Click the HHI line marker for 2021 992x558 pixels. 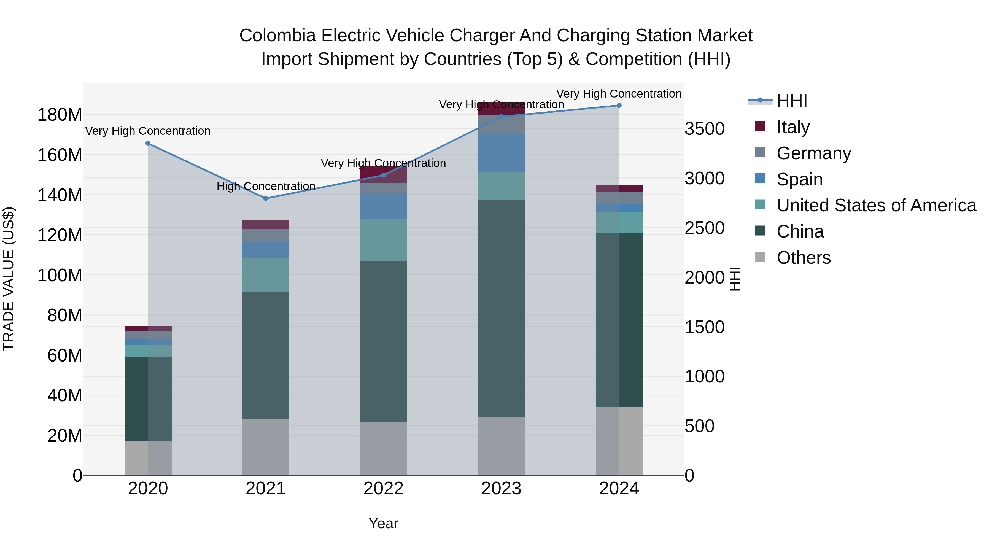[x=265, y=198]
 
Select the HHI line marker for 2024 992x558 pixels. [x=619, y=106]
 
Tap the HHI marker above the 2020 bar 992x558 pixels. [x=148, y=143]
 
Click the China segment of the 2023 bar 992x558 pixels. [x=501, y=308]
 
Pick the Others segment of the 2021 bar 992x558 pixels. [x=265, y=447]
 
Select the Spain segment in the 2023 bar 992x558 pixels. [x=501, y=153]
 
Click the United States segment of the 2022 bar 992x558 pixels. [x=383, y=240]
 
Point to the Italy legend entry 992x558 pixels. [x=793, y=127]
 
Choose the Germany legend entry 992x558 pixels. [x=813, y=153]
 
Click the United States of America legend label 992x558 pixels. [x=876, y=205]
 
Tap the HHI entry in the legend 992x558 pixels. [x=792, y=101]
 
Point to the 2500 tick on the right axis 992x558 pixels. [x=704, y=228]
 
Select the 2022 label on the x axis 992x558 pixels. [x=383, y=489]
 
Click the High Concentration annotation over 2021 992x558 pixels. [x=266, y=186]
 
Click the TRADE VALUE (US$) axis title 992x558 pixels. [x=9, y=279]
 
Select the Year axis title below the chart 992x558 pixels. [x=383, y=523]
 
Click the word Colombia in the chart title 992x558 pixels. [x=277, y=36]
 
